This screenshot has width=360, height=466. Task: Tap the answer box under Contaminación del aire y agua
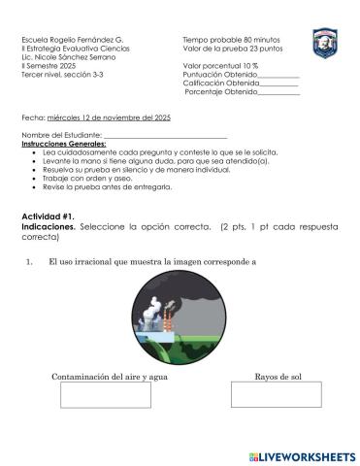point(106,395)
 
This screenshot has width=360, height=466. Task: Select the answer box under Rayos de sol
point(277,395)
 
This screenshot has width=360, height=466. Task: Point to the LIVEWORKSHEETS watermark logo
point(303,455)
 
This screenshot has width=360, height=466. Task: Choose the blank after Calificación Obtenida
point(278,83)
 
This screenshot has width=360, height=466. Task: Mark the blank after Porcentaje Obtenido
point(279,92)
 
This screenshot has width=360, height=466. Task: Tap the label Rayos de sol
point(278,376)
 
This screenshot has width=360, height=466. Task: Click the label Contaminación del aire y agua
point(104,376)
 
